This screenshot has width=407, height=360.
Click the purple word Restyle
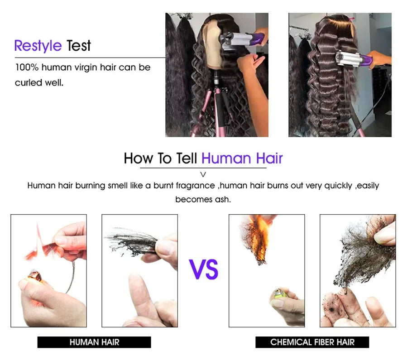coord(38,46)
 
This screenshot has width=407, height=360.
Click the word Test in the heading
coord(79,46)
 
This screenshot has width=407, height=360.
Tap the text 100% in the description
coord(27,67)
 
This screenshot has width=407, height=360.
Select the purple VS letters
coord(204,269)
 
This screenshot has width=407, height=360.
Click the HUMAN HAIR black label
coord(94,342)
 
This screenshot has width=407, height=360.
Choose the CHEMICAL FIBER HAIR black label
coord(312,342)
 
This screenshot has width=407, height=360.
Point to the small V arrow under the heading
coord(203,174)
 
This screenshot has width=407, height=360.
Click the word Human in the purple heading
coord(226,158)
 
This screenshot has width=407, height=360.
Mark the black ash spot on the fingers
coord(331,309)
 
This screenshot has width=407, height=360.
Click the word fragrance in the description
coord(196,186)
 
